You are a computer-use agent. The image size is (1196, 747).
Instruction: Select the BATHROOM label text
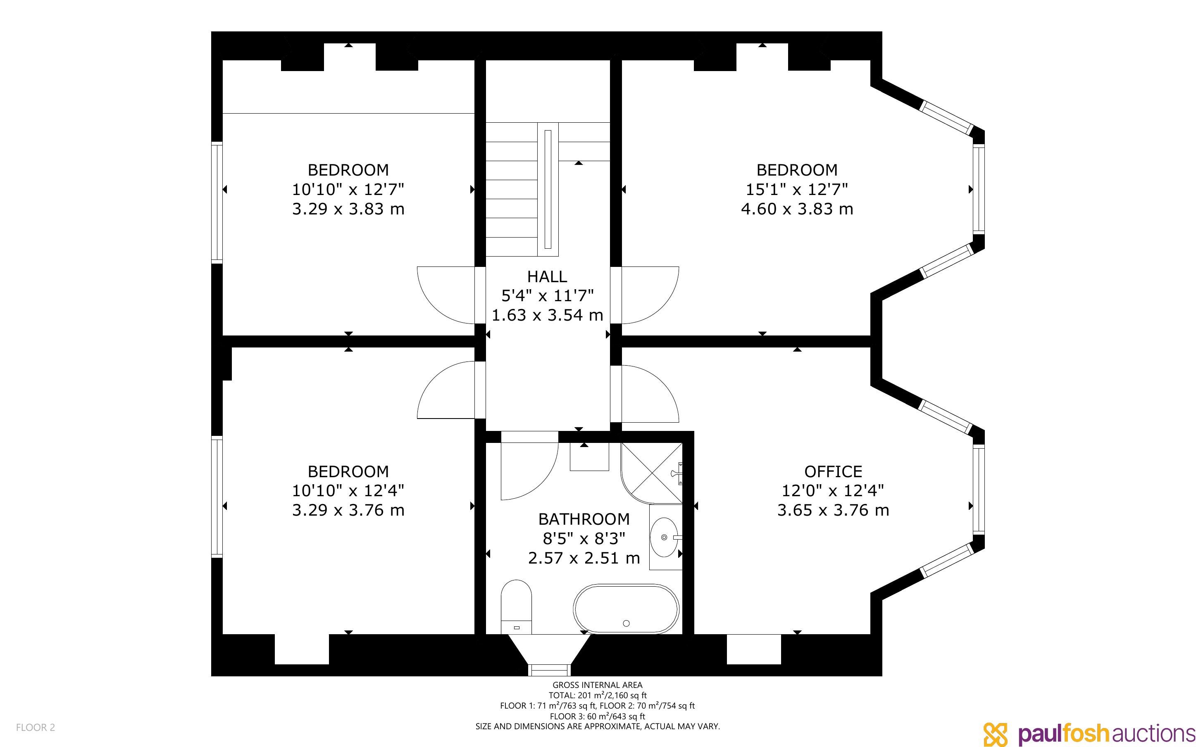click(584, 519)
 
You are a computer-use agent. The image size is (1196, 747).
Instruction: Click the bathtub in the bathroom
click(626, 609)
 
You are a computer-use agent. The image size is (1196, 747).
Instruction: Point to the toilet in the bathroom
click(516, 607)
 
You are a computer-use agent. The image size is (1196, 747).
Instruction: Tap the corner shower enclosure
click(652, 473)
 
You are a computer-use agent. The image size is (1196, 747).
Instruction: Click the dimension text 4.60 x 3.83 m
click(797, 209)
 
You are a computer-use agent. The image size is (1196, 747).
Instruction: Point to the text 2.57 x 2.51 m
click(584, 558)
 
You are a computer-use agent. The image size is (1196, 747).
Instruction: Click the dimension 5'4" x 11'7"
click(547, 295)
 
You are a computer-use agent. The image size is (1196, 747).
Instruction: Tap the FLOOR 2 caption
click(36, 727)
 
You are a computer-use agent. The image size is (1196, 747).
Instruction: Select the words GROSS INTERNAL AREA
click(597, 685)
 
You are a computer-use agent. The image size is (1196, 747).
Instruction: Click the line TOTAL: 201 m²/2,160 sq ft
click(597, 695)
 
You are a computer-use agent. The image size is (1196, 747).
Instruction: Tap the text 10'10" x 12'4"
click(348, 490)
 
